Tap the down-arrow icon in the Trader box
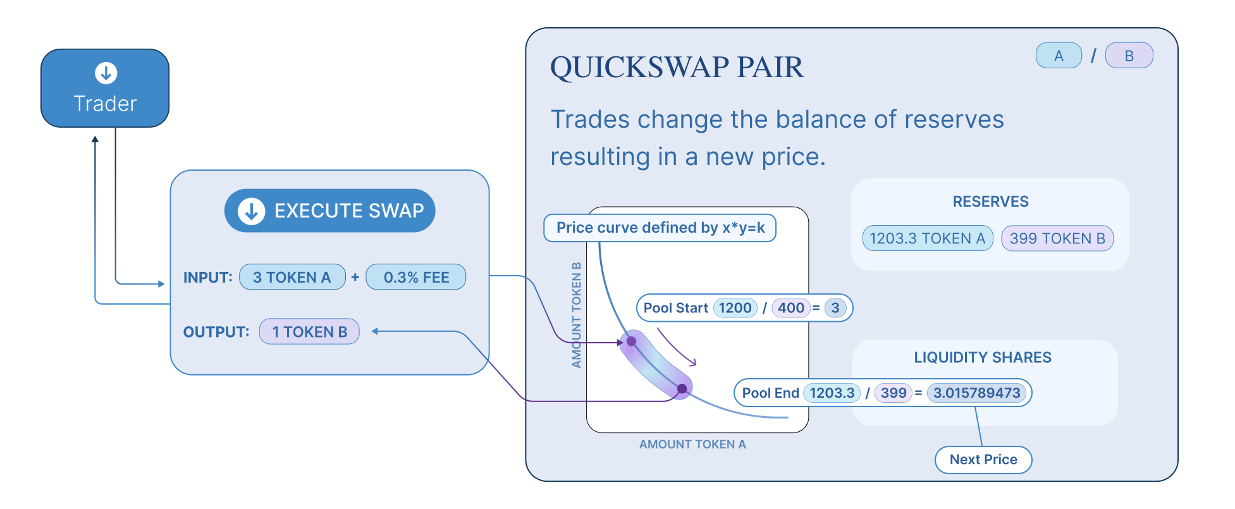point(106,73)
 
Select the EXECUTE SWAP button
point(329,211)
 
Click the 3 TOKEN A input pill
point(292,277)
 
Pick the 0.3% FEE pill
point(416,277)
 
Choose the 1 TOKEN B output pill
point(309,331)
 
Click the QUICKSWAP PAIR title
point(677,67)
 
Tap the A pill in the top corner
point(1059,56)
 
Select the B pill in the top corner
point(1129,56)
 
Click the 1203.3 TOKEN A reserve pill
point(928,238)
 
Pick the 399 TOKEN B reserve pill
point(1057,238)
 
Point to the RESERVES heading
point(990,202)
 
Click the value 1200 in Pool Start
point(735,308)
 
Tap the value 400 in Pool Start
point(790,308)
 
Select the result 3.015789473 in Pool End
point(976,393)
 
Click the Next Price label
point(983,460)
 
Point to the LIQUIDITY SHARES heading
point(983,357)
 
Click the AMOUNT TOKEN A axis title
point(692,445)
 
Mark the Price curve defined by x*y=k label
point(660,228)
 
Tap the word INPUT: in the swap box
point(207,278)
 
